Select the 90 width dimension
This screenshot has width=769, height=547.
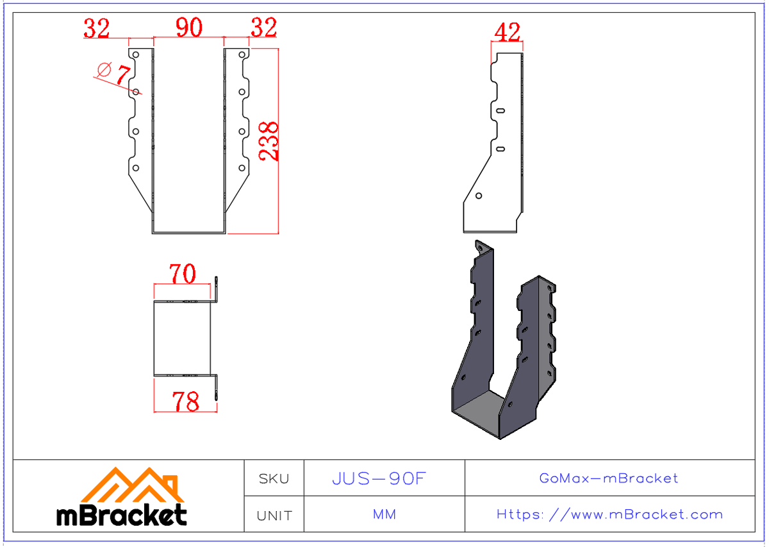pos(189,28)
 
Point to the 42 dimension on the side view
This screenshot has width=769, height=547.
pos(508,32)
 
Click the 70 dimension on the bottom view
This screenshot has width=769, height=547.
pos(182,274)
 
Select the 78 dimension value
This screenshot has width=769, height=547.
pos(185,401)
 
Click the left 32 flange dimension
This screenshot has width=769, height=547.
pos(97,28)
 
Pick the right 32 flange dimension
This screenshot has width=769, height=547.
pos(263,28)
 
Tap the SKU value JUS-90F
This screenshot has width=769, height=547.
pos(378,478)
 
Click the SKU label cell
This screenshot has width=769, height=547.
pos(274,478)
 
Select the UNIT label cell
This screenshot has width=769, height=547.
pos(274,515)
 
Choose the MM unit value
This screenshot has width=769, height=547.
pos(384,515)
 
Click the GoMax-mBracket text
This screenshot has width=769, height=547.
pos(608,478)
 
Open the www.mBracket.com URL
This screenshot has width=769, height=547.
pos(609,514)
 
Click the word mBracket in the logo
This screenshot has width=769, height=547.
pos(122,515)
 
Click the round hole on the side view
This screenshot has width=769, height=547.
pos(479,196)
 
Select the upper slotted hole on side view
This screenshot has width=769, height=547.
pos(500,111)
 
